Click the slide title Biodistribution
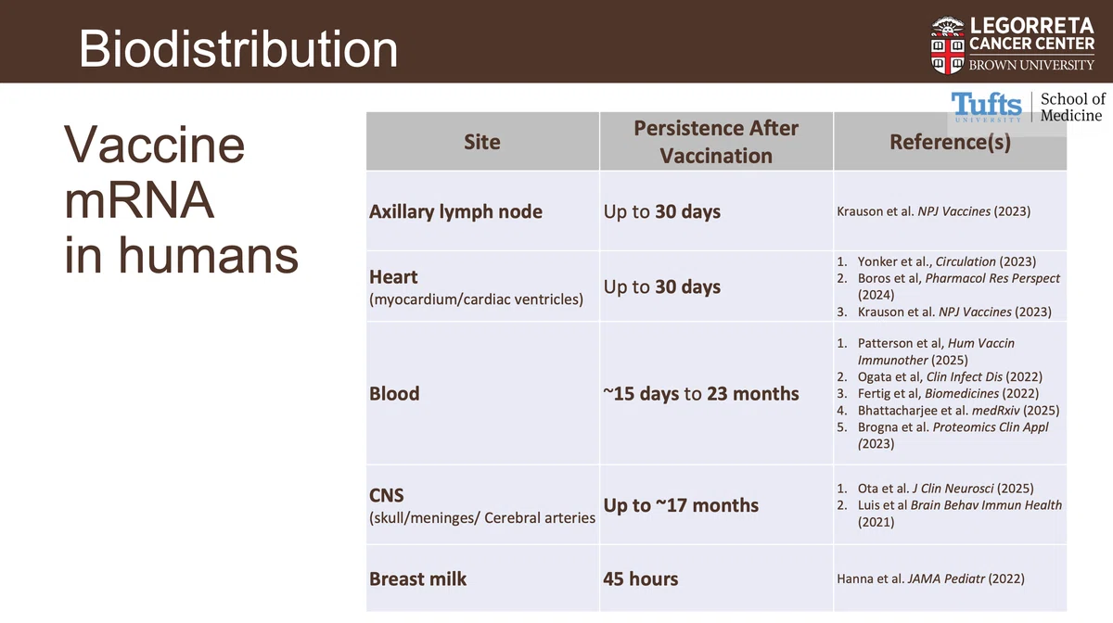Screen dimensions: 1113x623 click(x=238, y=49)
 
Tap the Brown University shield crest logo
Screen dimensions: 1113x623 click(x=948, y=45)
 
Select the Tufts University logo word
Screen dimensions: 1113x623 click(x=986, y=107)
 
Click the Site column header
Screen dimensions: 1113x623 click(x=482, y=142)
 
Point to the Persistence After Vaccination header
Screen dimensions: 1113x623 click(x=716, y=142)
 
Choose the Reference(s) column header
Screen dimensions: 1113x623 click(x=950, y=142)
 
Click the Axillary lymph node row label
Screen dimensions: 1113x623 click(x=455, y=211)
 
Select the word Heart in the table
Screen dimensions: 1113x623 click(x=393, y=276)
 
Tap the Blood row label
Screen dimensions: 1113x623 click(x=394, y=393)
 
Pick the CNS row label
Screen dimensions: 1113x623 click(x=387, y=495)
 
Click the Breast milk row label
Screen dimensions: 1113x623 click(x=418, y=578)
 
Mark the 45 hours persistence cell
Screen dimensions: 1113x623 click(x=641, y=578)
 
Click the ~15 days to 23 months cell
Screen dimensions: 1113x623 click(x=701, y=393)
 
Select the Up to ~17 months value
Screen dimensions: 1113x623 click(x=681, y=505)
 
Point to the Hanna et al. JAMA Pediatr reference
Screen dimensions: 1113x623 click(x=930, y=578)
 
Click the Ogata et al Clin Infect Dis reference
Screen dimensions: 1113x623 click(x=950, y=377)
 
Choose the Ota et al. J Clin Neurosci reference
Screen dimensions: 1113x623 click(x=945, y=489)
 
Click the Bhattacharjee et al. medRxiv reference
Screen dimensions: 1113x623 click(x=958, y=411)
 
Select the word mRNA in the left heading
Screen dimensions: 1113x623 click(x=139, y=199)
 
